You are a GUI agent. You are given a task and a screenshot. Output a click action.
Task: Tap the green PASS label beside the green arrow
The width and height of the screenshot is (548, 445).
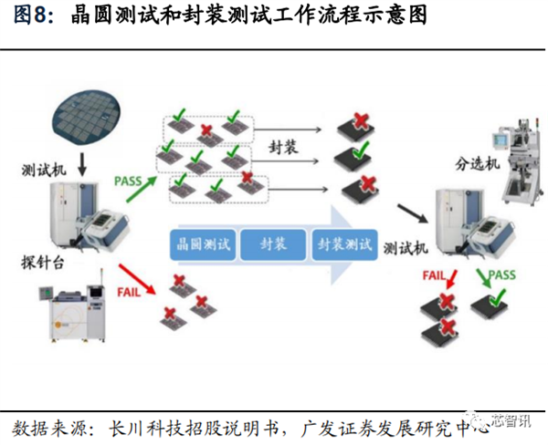pos(129,181)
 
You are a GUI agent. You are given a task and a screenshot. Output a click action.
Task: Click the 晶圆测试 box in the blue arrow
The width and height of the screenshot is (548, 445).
pos(203,244)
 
